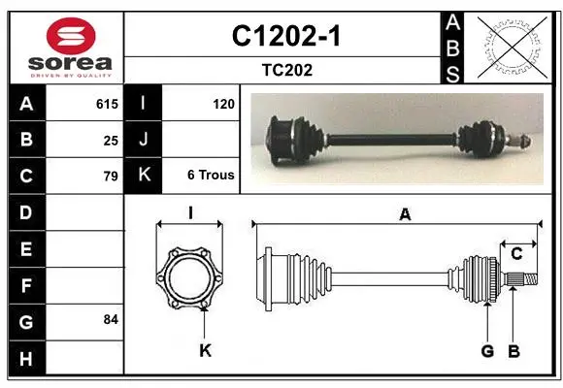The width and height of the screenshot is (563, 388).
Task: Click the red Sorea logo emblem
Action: tap(71, 36)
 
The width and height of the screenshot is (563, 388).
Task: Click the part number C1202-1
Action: tap(285, 36)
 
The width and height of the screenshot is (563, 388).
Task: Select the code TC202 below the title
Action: tap(287, 70)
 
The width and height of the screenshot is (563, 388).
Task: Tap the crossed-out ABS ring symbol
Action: tap(513, 48)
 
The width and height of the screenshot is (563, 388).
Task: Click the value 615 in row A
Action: tap(107, 104)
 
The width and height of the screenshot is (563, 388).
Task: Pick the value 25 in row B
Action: tap(111, 141)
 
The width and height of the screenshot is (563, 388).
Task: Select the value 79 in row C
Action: tap(111, 177)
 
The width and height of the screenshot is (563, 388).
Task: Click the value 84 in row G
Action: tap(111, 319)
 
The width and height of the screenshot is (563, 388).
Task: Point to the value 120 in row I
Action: tap(223, 104)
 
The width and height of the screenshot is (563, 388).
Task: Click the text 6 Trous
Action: tap(211, 175)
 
